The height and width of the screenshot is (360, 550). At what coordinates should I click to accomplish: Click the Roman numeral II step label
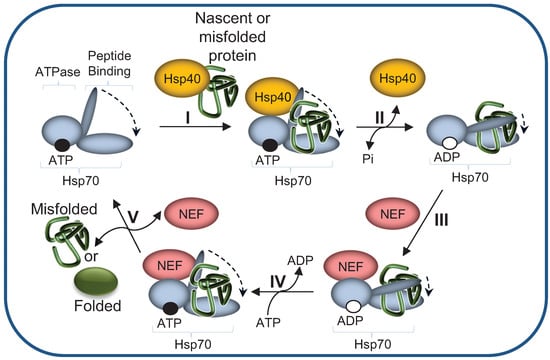coord(378,117)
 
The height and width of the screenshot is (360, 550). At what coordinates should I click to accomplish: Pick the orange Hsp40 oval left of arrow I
coord(183,78)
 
